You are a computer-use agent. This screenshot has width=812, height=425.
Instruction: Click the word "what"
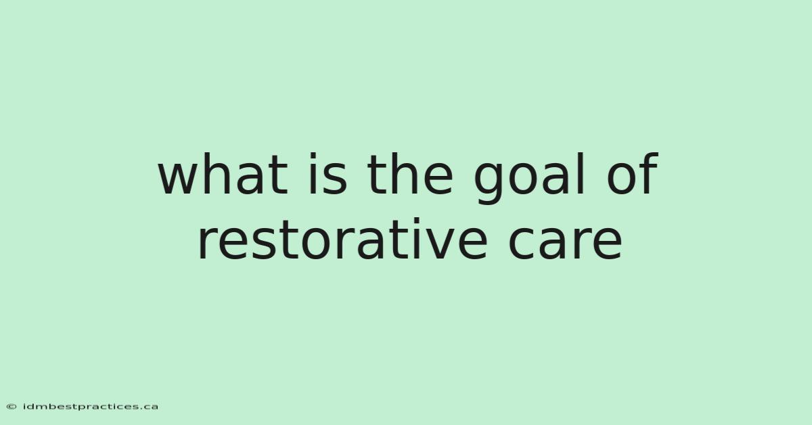click(223, 174)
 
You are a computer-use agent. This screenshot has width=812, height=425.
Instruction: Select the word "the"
click(409, 174)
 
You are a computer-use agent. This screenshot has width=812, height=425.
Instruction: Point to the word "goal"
click(529, 179)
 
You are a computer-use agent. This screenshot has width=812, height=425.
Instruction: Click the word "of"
click(633, 173)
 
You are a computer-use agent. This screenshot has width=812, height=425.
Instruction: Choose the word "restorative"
click(342, 239)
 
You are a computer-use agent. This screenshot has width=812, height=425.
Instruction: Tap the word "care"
click(566, 243)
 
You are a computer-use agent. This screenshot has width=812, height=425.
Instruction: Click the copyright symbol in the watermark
click(12, 407)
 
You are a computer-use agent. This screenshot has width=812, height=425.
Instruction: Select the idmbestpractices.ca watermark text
click(90, 407)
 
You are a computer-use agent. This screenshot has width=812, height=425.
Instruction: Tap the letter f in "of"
click(649, 173)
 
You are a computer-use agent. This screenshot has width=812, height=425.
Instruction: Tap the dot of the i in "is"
click(313, 156)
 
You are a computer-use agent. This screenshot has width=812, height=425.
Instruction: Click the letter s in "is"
click(334, 179)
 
